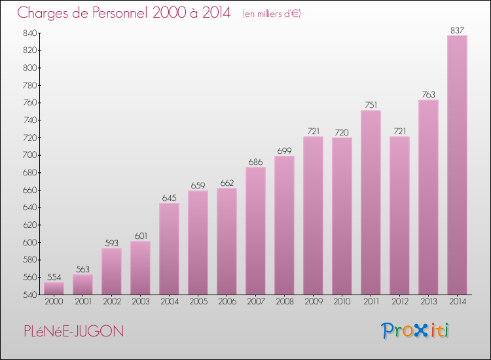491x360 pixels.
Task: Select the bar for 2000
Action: coord(54,288)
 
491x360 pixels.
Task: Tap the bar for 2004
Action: coord(169,249)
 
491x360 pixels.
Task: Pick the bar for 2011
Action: coord(371,202)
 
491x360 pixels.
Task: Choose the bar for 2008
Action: coord(284,225)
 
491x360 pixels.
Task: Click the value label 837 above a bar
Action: coord(457,30)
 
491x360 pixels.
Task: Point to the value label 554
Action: coord(54,277)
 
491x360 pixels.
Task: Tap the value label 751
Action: coord(371,105)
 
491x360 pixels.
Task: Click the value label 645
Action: coord(169,198)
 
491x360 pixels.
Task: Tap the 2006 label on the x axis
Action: coord(227,302)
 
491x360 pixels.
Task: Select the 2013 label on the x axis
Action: coord(428,302)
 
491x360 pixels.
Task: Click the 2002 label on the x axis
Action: coord(111,302)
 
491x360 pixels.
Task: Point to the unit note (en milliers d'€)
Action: coord(271,13)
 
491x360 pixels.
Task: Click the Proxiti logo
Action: coord(416,331)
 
